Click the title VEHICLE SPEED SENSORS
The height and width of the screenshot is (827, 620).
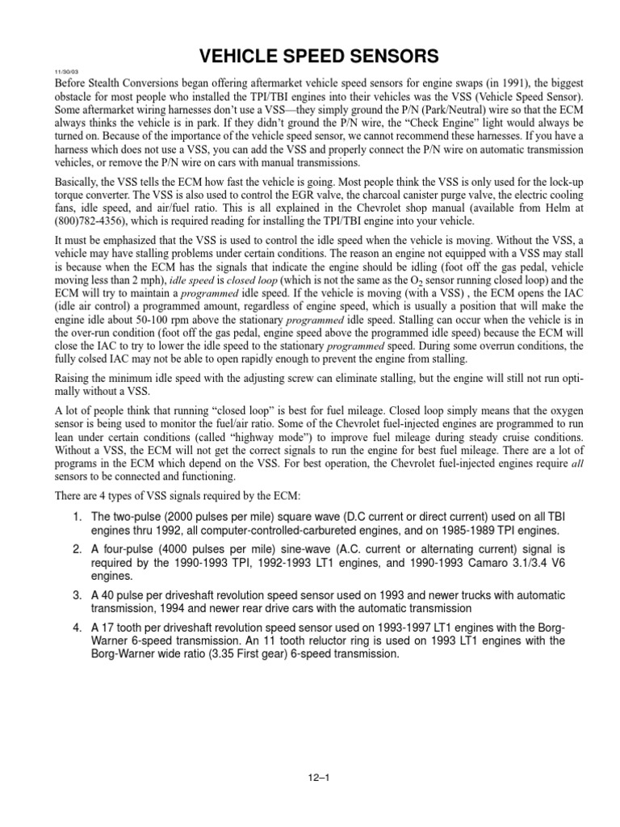309,56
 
